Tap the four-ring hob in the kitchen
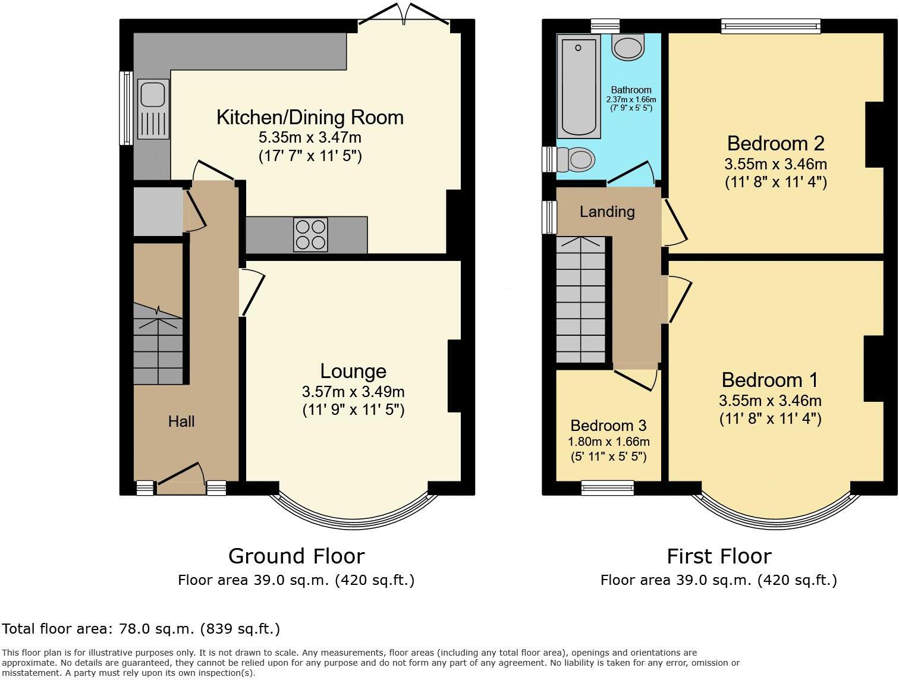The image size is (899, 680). click(x=310, y=235)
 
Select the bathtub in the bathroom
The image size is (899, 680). click(x=578, y=86)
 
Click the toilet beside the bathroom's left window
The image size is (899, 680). click(x=580, y=159)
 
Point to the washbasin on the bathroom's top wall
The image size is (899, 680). click(x=628, y=47)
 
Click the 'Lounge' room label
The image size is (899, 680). click(x=353, y=372)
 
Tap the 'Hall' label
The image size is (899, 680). click(x=181, y=421)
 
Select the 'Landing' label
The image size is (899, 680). click(x=607, y=212)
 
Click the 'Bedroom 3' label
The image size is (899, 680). click(x=608, y=426)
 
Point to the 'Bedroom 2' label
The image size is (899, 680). click(x=776, y=143)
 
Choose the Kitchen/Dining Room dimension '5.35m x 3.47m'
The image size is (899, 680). click(x=310, y=138)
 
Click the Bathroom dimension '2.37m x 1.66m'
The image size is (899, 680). click(x=631, y=99)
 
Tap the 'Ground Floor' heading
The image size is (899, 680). click(x=296, y=556)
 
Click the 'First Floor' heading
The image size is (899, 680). click(x=719, y=556)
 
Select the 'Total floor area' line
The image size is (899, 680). click(x=141, y=629)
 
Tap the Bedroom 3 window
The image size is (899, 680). click(x=608, y=488)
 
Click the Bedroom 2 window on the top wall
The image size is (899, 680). click(x=771, y=25)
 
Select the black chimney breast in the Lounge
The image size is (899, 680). click(x=454, y=376)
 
